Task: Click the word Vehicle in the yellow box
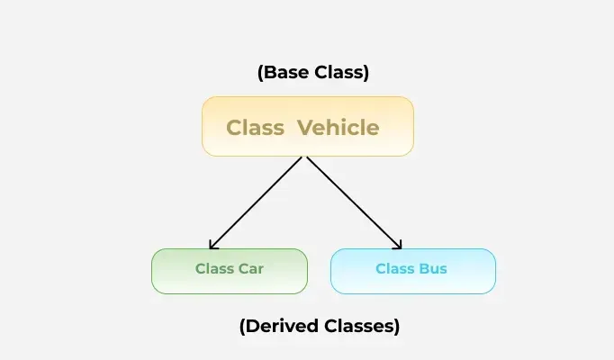point(339,127)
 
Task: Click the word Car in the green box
point(251,268)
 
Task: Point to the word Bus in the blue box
point(431,268)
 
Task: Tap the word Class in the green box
point(214,268)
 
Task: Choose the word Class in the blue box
point(394,268)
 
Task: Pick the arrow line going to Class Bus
point(353,202)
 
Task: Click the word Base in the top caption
point(285,73)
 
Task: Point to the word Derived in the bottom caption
point(285,327)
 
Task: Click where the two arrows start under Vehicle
point(307,157)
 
